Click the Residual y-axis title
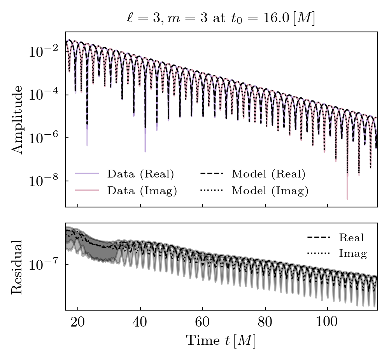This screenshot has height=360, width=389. [17, 267]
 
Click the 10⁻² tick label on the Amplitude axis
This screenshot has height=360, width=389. [43, 52]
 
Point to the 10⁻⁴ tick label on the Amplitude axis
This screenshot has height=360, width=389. [43, 95]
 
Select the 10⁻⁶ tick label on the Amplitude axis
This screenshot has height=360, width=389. [43, 138]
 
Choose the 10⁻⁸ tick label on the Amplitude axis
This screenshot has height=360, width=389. [43, 181]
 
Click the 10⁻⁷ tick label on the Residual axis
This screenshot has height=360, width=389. [43, 265]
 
